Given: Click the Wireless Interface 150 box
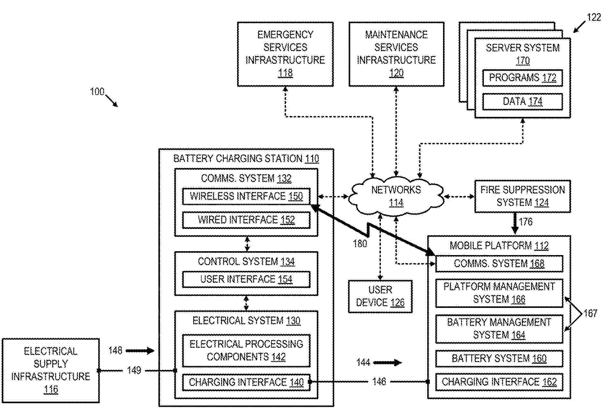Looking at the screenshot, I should tap(246, 196).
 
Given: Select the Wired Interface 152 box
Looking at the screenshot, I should tap(246, 220).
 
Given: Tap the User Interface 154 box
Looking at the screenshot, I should tap(246, 279).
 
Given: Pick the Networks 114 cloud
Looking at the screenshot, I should tap(396, 196).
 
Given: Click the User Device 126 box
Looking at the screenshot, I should tap(380, 296).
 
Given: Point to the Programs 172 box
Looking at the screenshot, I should tap(522, 78).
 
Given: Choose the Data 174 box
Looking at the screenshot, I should tap(522, 102).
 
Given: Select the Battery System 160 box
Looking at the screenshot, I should tap(499, 358).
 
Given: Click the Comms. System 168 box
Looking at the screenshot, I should tap(499, 264).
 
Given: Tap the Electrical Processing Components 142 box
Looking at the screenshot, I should tap(246, 351).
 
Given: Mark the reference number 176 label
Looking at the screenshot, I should tap(526, 222).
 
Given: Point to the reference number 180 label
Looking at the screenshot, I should tap(360, 244).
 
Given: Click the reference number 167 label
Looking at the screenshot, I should tap(590, 313).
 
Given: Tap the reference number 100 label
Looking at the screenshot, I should tap(97, 92).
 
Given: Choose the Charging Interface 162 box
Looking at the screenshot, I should tap(499, 382).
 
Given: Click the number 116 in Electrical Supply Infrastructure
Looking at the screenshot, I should tap(51, 390).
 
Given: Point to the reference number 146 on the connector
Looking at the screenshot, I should tap(379, 382).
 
